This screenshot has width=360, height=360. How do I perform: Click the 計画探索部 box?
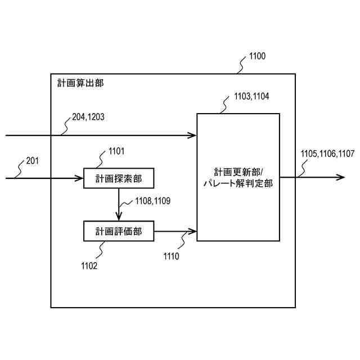pos(118,178)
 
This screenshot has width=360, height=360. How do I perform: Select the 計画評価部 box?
pos(118,231)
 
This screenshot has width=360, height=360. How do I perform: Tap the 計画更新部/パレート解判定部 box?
pos(238,177)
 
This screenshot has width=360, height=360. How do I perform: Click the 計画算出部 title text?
pos(80,83)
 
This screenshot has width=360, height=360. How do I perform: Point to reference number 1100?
pos(256,56)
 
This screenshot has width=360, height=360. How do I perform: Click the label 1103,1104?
pos(251,96)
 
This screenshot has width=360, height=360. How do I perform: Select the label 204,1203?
pos(88,117)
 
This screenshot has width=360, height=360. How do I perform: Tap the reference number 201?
pos(33,161)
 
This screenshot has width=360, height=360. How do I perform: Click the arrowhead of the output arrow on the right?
pos(341,177)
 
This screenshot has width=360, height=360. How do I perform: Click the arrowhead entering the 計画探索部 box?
pos(80,178)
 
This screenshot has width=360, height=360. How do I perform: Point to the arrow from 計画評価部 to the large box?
pos(174,231)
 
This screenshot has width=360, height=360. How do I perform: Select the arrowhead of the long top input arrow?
pos(193,135)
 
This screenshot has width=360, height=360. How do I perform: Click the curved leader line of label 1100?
pos(241,66)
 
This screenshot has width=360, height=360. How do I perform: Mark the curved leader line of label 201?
pos(21,171)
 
